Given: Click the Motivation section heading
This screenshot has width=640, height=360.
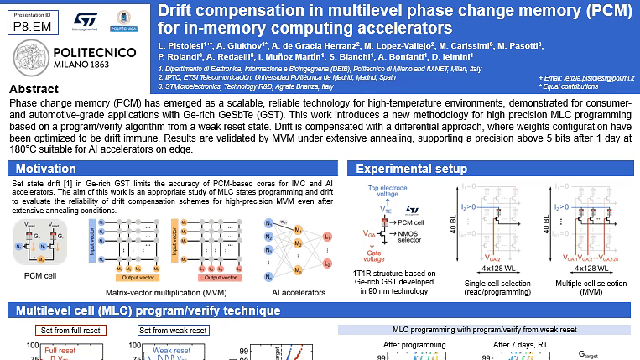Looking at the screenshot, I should coord(46,169).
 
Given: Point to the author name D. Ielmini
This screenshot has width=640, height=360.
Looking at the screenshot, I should coord(452,56).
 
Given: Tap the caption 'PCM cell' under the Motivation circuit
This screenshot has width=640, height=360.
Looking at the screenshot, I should coord(41,274).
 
